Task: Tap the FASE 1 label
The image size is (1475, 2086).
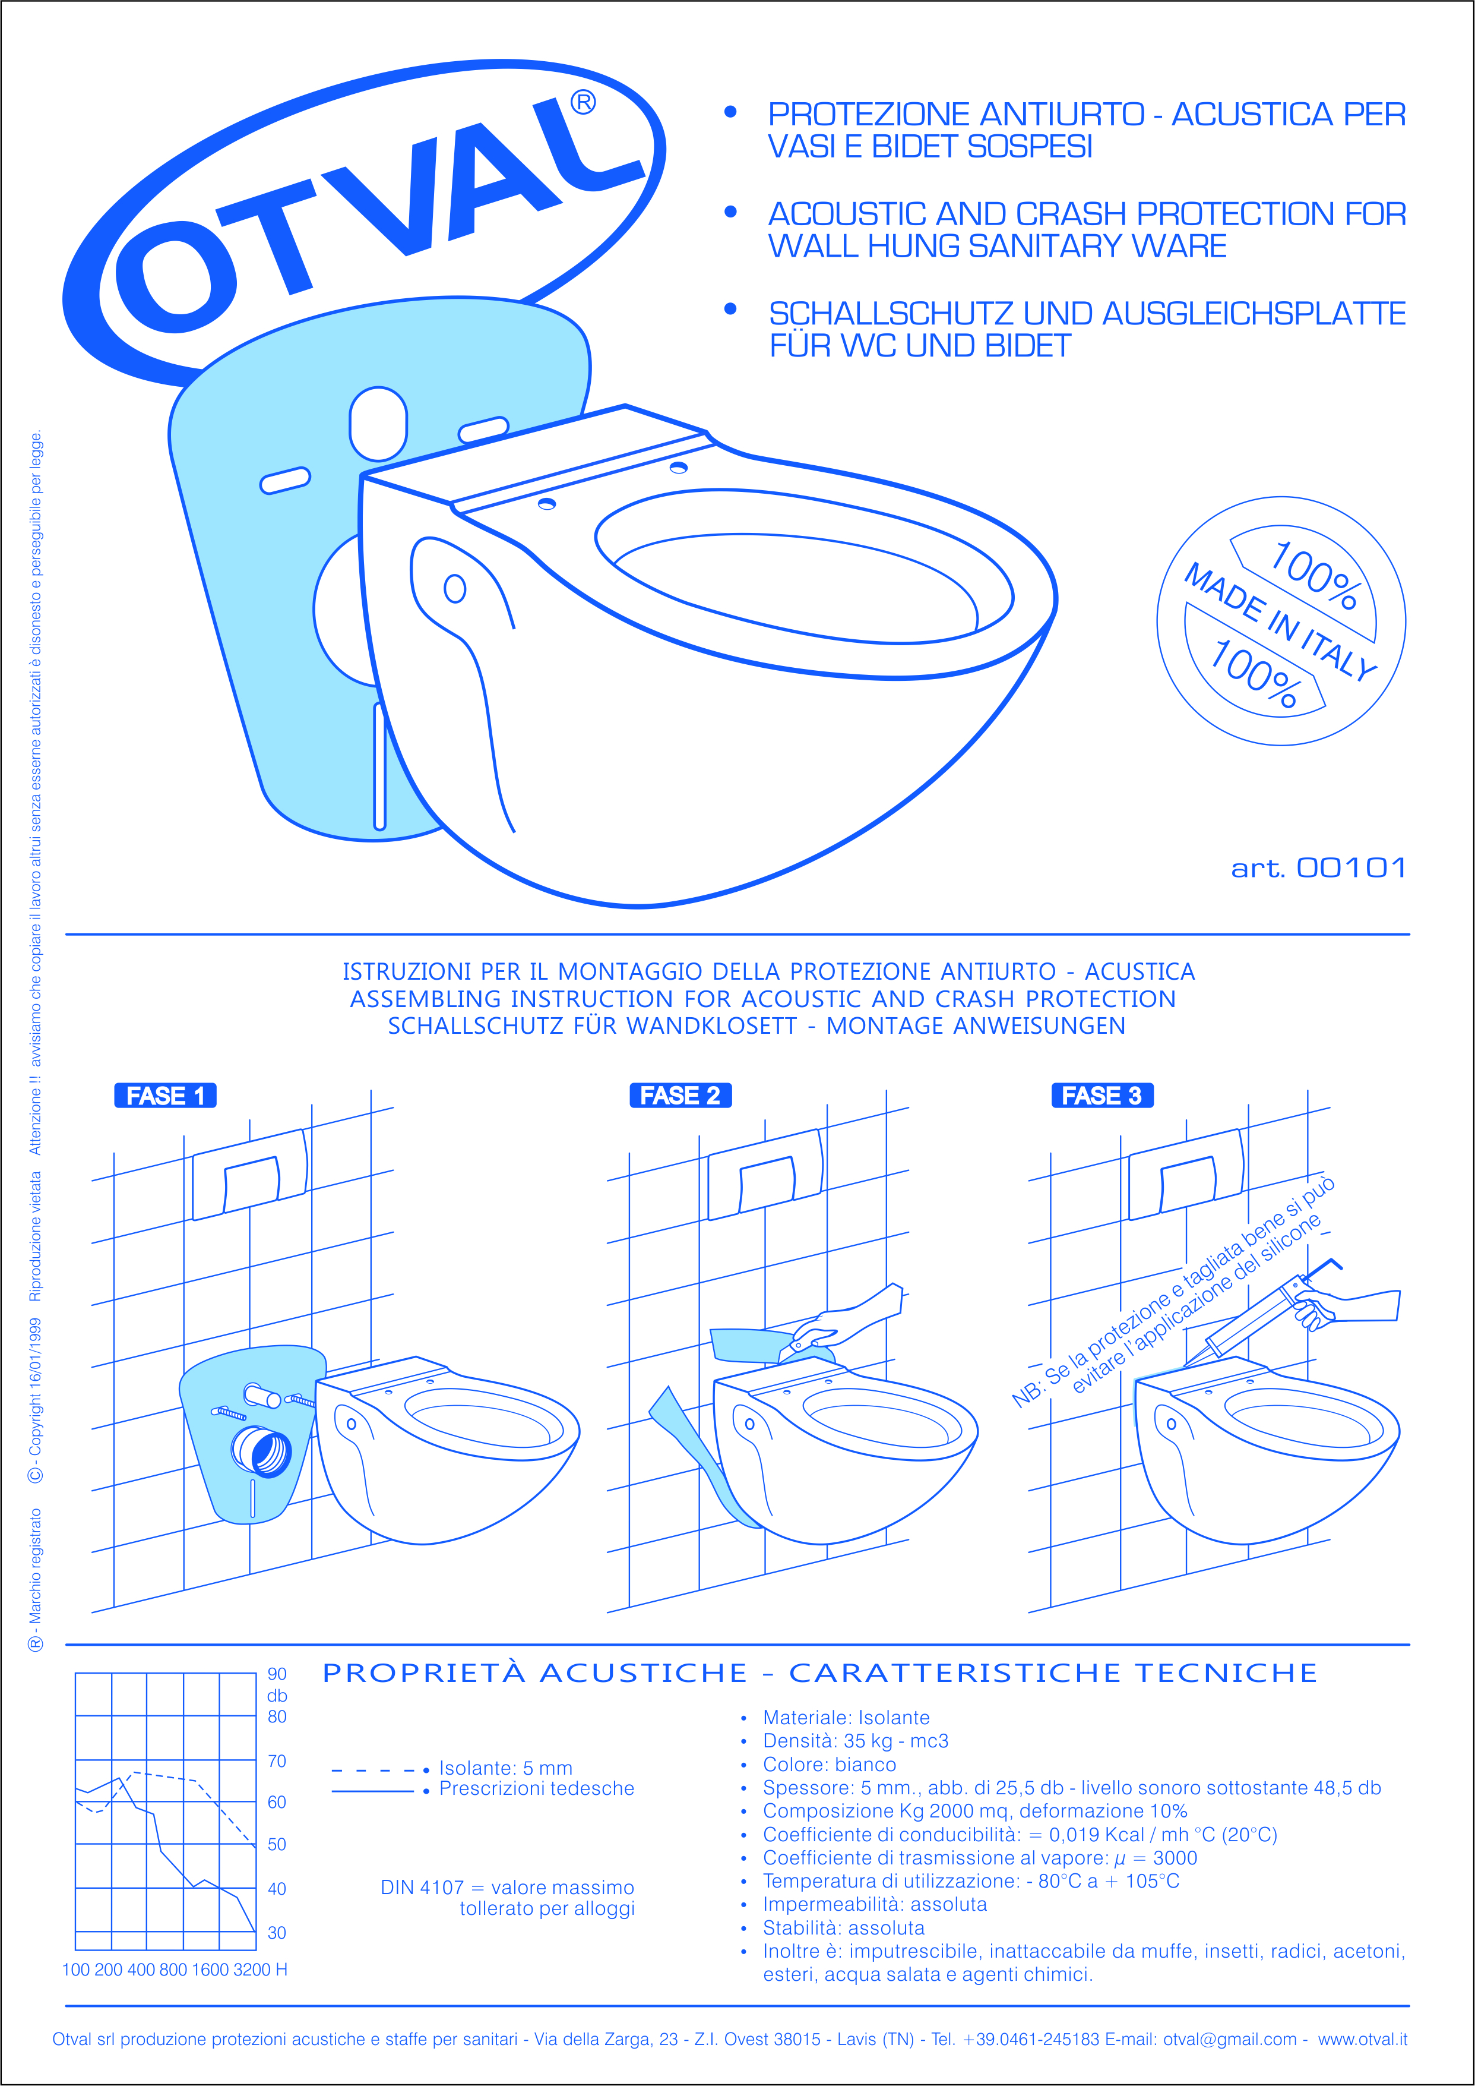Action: [x=165, y=1096]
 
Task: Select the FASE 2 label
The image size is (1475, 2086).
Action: [x=680, y=1096]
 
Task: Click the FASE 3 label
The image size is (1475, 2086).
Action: [x=1101, y=1096]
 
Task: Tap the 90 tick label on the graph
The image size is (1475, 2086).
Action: [x=277, y=1674]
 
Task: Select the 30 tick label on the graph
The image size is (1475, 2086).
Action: [x=277, y=1933]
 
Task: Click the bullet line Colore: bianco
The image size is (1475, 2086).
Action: [x=828, y=1765]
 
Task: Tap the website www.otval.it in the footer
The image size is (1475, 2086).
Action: [x=1362, y=2038]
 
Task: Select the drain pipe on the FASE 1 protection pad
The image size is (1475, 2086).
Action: [x=262, y=1451]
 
